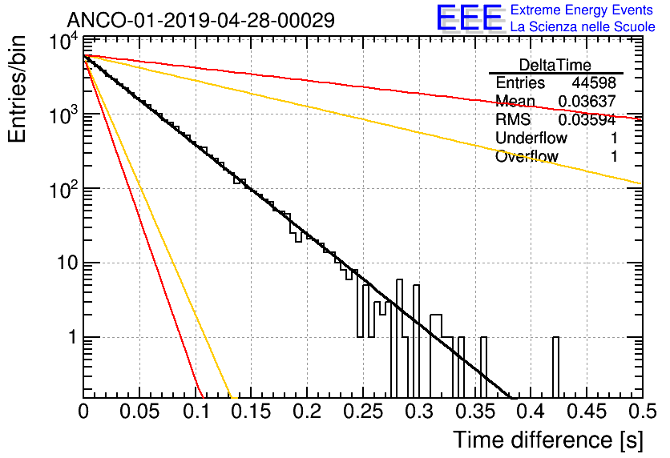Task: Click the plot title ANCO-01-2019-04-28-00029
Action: pos(201,20)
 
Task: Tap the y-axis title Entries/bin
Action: pos(17,89)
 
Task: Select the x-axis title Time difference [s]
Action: pos(548,440)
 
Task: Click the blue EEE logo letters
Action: pos(469,18)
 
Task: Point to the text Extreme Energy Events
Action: pos(582,10)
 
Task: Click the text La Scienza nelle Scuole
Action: pos(583,26)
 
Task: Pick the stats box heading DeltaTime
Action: pos(555,65)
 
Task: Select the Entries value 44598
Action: pos(594,82)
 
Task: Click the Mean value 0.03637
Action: pos(587,101)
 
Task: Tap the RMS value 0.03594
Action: pos(587,119)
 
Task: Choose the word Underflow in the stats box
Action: pos(531,138)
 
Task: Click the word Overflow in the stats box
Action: pos(527,156)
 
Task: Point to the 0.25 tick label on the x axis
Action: pos(363,412)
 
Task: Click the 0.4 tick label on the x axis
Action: pos(531,412)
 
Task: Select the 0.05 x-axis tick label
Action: pos(139,412)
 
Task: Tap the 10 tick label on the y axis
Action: pos(67,263)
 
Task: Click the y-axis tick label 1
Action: pos(73,337)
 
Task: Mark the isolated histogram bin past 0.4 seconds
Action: pos(555,367)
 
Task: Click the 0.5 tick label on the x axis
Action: pos(642,412)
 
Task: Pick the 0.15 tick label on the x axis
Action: pos(251,412)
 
